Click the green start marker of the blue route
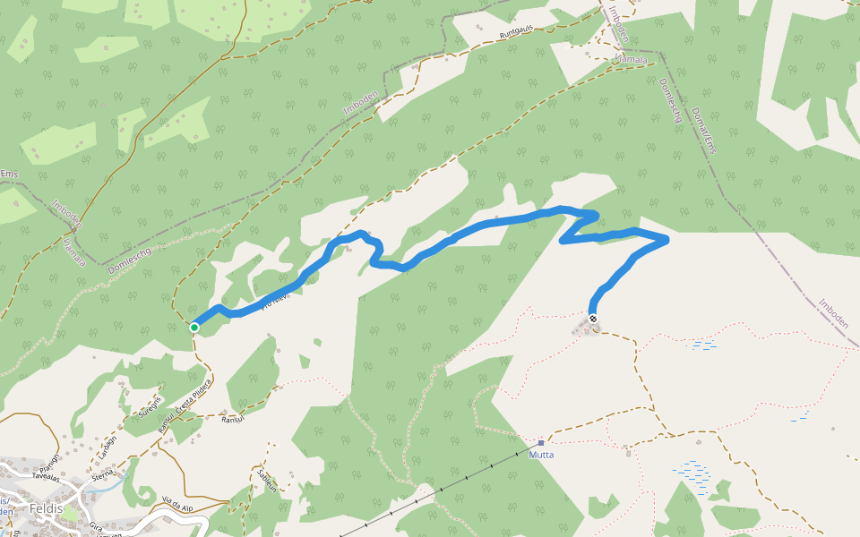coord(194,328)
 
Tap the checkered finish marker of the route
coord(593,319)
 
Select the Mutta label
coord(542,455)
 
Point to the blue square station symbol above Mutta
coord(541,442)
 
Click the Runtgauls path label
coord(516,32)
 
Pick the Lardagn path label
coord(109,445)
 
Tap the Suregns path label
coord(150,406)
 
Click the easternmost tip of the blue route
coord(667,239)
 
